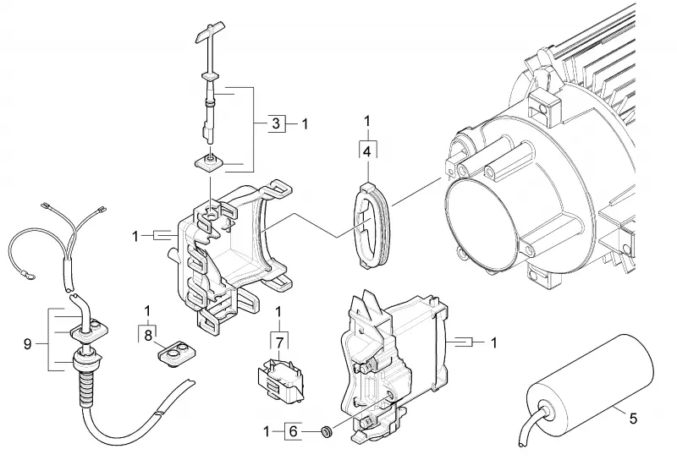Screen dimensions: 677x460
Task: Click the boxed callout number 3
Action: tap(277, 123)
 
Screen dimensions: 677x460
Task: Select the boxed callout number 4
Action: tap(367, 151)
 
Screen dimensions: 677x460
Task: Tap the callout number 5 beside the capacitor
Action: tap(632, 418)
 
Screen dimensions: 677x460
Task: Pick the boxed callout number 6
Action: tap(293, 431)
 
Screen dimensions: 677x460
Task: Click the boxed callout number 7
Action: tap(279, 343)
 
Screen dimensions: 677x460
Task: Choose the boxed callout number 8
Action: tap(148, 336)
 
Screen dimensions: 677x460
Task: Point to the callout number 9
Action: tap(28, 344)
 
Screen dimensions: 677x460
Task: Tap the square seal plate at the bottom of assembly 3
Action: tap(210, 163)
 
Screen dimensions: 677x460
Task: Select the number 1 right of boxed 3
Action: tap(305, 124)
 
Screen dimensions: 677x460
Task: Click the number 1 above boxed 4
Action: tap(367, 121)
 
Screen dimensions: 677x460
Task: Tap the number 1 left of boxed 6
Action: tap(267, 431)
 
